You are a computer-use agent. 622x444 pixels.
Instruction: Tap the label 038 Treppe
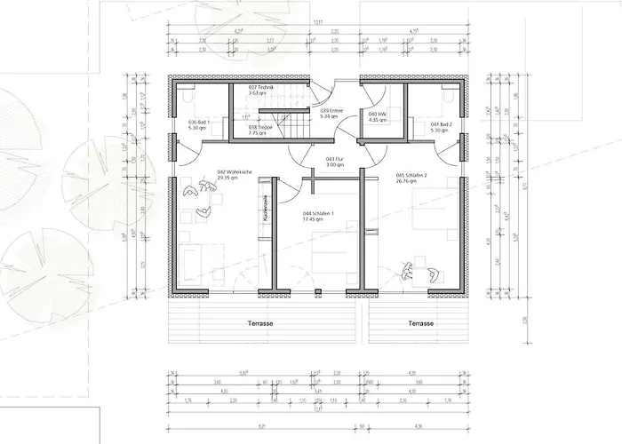pos(260,126)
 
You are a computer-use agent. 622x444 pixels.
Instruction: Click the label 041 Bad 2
pos(441,124)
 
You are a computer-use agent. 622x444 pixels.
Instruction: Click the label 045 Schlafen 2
pos(412,175)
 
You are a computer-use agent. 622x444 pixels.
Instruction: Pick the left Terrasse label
pos(259,323)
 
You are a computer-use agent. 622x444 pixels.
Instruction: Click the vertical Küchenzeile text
pos(265,210)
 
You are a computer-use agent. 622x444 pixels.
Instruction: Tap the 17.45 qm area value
pos(309,219)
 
